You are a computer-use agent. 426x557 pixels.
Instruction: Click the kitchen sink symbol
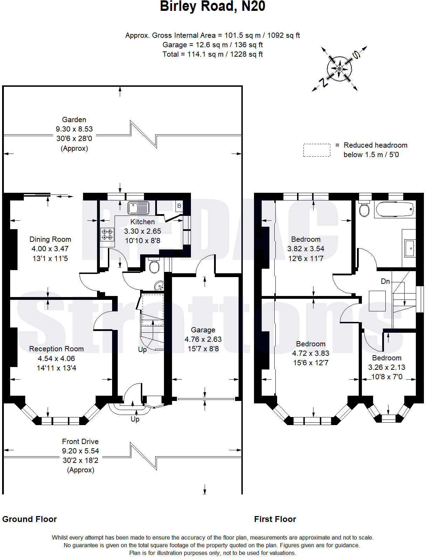[x=138, y=208]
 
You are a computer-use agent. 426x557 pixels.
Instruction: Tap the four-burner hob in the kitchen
[x=107, y=234]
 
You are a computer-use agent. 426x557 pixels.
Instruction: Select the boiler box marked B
[x=179, y=206]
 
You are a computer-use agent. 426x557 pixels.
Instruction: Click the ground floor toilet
[x=154, y=266]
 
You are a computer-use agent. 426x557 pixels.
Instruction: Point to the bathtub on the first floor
[x=395, y=209]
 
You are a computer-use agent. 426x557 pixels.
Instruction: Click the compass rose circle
[x=339, y=69]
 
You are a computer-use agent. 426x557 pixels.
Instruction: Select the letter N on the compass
[x=323, y=83]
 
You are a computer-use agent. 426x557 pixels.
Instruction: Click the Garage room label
[x=203, y=330]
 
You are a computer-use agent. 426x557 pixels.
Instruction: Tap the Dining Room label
[x=50, y=239]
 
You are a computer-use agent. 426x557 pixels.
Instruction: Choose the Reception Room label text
[x=56, y=349]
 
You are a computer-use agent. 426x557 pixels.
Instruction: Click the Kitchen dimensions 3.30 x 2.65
[x=143, y=231]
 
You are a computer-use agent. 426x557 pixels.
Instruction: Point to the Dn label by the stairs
[x=385, y=281]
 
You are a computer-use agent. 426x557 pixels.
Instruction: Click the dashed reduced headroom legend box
[x=317, y=150]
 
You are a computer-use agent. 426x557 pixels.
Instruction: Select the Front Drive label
[x=80, y=442]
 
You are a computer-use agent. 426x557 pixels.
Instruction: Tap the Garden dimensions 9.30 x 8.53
[x=74, y=129]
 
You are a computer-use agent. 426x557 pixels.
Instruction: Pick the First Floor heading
[x=275, y=519]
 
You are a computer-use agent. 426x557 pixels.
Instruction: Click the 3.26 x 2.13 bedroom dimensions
[x=387, y=367]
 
